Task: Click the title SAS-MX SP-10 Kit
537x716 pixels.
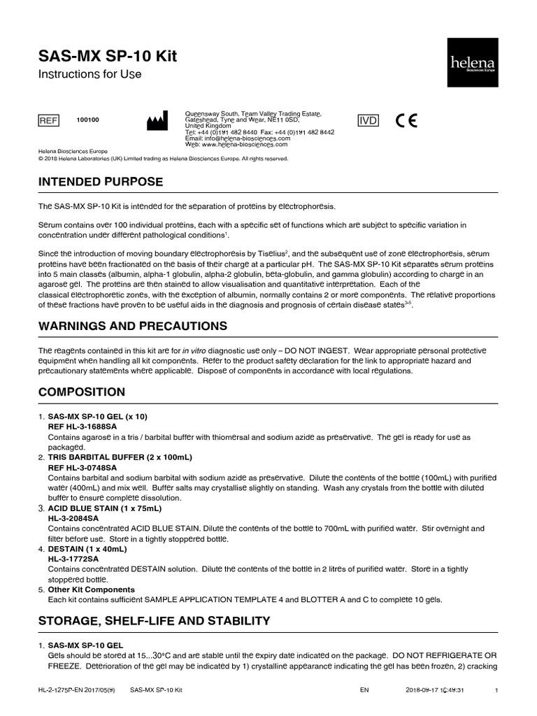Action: pyautogui.click(x=107, y=56)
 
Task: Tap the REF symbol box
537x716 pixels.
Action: pyautogui.click(x=48, y=120)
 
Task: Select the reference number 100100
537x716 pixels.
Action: pyautogui.click(x=87, y=120)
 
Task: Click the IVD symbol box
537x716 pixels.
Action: pyautogui.click(x=368, y=120)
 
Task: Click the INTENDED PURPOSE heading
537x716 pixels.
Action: pyautogui.click(x=101, y=182)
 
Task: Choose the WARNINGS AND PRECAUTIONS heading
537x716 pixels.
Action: pyautogui.click(x=132, y=326)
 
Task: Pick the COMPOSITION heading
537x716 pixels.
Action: pyautogui.click(x=82, y=392)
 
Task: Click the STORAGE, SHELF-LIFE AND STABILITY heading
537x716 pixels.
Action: pyautogui.click(x=153, y=620)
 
